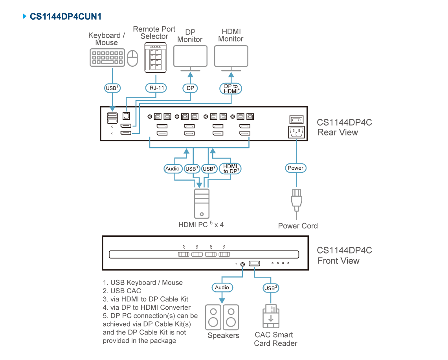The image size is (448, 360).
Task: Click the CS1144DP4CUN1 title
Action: (65, 16)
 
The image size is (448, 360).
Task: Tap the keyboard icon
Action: (107, 58)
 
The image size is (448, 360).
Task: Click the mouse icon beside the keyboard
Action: (132, 58)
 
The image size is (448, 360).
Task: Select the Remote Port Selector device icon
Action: (156, 57)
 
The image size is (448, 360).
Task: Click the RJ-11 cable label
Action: (156, 88)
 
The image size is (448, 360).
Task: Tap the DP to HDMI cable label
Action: (231, 89)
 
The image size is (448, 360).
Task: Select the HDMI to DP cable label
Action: (230, 169)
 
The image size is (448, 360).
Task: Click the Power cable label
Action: (296, 168)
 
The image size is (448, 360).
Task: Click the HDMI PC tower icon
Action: (202, 203)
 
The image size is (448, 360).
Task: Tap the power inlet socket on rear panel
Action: (297, 132)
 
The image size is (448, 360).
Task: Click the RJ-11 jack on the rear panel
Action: (126, 116)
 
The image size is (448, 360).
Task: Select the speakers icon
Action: (222, 317)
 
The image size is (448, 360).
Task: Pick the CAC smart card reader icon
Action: (271, 316)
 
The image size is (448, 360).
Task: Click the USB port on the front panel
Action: (254, 263)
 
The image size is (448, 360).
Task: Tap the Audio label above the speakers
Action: (222, 287)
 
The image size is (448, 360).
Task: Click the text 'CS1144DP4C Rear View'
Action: (344, 127)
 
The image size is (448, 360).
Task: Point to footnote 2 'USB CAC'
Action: (122, 291)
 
